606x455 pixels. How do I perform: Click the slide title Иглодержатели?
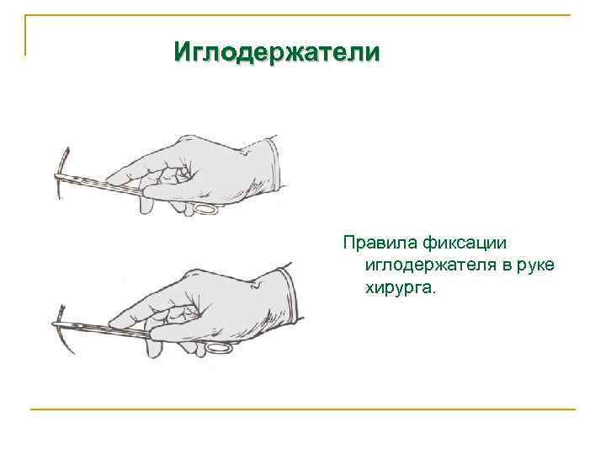277,52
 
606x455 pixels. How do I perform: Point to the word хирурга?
401,288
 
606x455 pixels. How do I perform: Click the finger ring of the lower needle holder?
217,346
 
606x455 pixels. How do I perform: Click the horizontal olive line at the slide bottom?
303,409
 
